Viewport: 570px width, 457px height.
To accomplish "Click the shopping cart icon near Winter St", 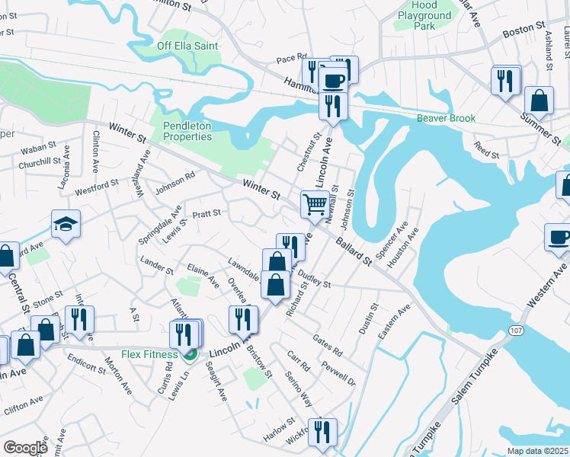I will click(315, 204).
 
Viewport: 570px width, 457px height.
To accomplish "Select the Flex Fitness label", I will click(149, 354).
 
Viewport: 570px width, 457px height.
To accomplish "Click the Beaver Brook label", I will click(446, 118).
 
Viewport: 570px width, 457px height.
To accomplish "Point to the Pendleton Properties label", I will click(187, 131).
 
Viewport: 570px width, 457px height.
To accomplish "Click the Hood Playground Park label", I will click(424, 15).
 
